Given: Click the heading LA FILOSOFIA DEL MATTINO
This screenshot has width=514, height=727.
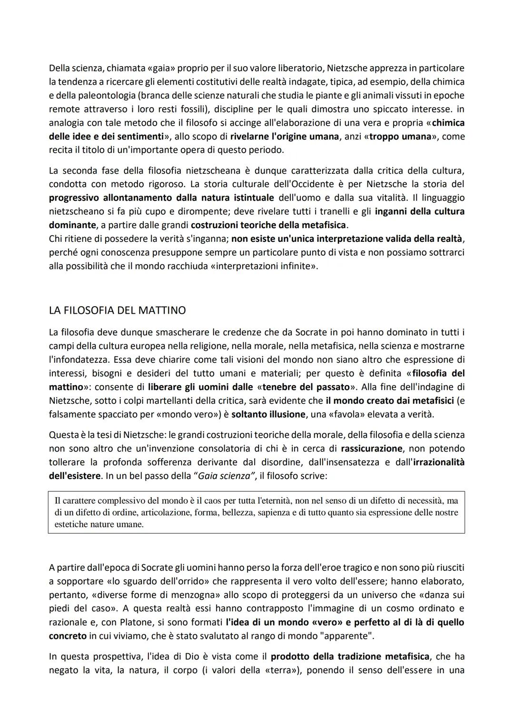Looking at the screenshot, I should click(117, 310).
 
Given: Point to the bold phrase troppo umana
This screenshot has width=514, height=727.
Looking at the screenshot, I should click(390, 136).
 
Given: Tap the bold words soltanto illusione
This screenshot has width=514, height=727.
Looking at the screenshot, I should click(268, 414).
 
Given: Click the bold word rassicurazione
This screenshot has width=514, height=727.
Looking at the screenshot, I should click(371, 448).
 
